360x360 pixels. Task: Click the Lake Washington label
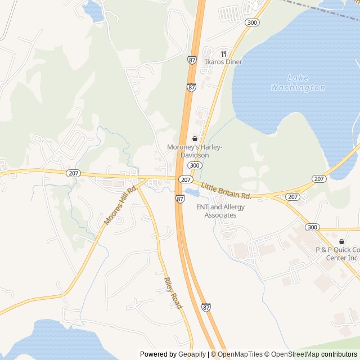pos(298,83)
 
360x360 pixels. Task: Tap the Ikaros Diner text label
pos(223,62)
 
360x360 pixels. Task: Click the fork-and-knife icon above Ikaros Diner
pos(223,53)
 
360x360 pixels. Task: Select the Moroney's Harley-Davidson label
pos(195,151)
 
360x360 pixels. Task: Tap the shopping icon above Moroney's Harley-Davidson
pos(195,138)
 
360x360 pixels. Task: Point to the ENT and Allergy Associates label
pos(220,211)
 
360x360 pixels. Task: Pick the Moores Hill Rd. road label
pos(121,206)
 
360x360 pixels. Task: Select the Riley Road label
pos(173,292)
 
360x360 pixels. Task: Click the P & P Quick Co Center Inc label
pos(337,254)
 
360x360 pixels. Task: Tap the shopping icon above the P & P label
pos(341,241)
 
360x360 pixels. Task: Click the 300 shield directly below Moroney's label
pos(195,165)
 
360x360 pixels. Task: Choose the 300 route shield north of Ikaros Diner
pos(253,22)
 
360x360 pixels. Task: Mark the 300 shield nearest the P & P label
pos(313,227)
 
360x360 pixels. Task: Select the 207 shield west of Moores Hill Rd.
pos(73,173)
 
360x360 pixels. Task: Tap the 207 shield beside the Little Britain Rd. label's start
pos(185,179)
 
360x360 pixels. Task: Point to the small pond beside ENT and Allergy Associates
pos(191,193)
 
